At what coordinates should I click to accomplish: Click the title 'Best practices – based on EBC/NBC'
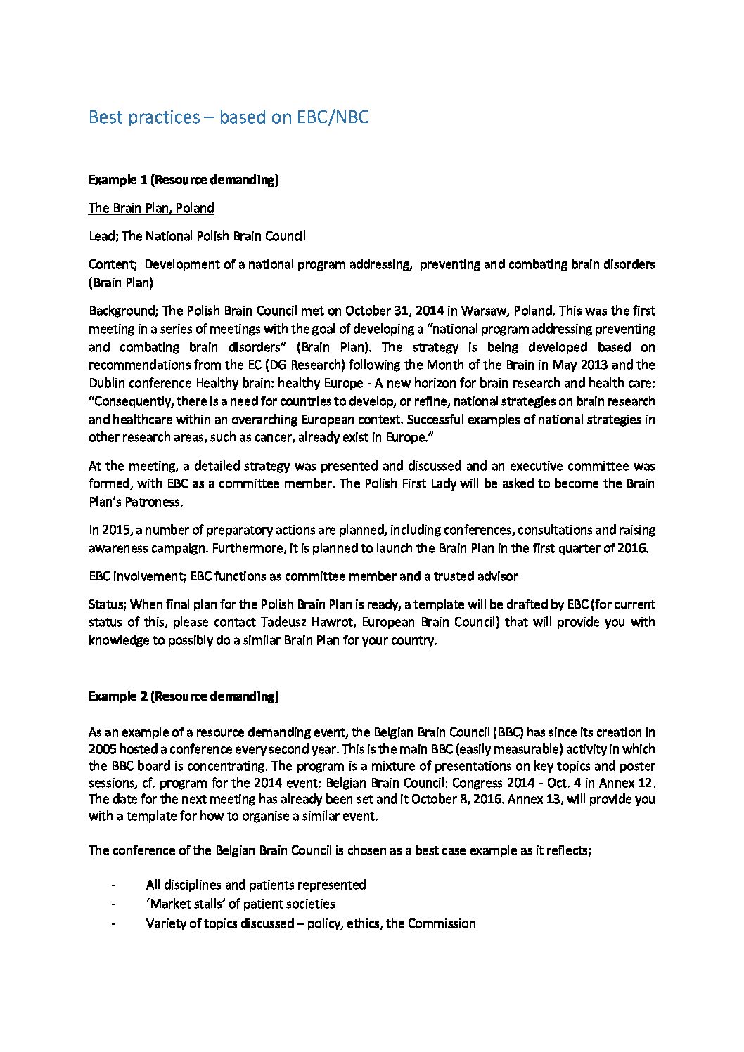tap(229, 117)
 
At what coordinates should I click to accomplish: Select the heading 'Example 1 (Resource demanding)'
tap(184, 180)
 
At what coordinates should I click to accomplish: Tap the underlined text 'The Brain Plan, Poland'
tap(151, 208)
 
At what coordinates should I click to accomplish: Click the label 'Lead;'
tap(103, 236)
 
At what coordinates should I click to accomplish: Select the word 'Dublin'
tap(108, 383)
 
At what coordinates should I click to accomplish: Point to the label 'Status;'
tap(108, 604)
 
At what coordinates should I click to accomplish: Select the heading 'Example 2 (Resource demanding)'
tap(184, 696)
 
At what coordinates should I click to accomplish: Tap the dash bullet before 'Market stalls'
tap(113, 904)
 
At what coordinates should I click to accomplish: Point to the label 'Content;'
tap(112, 264)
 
